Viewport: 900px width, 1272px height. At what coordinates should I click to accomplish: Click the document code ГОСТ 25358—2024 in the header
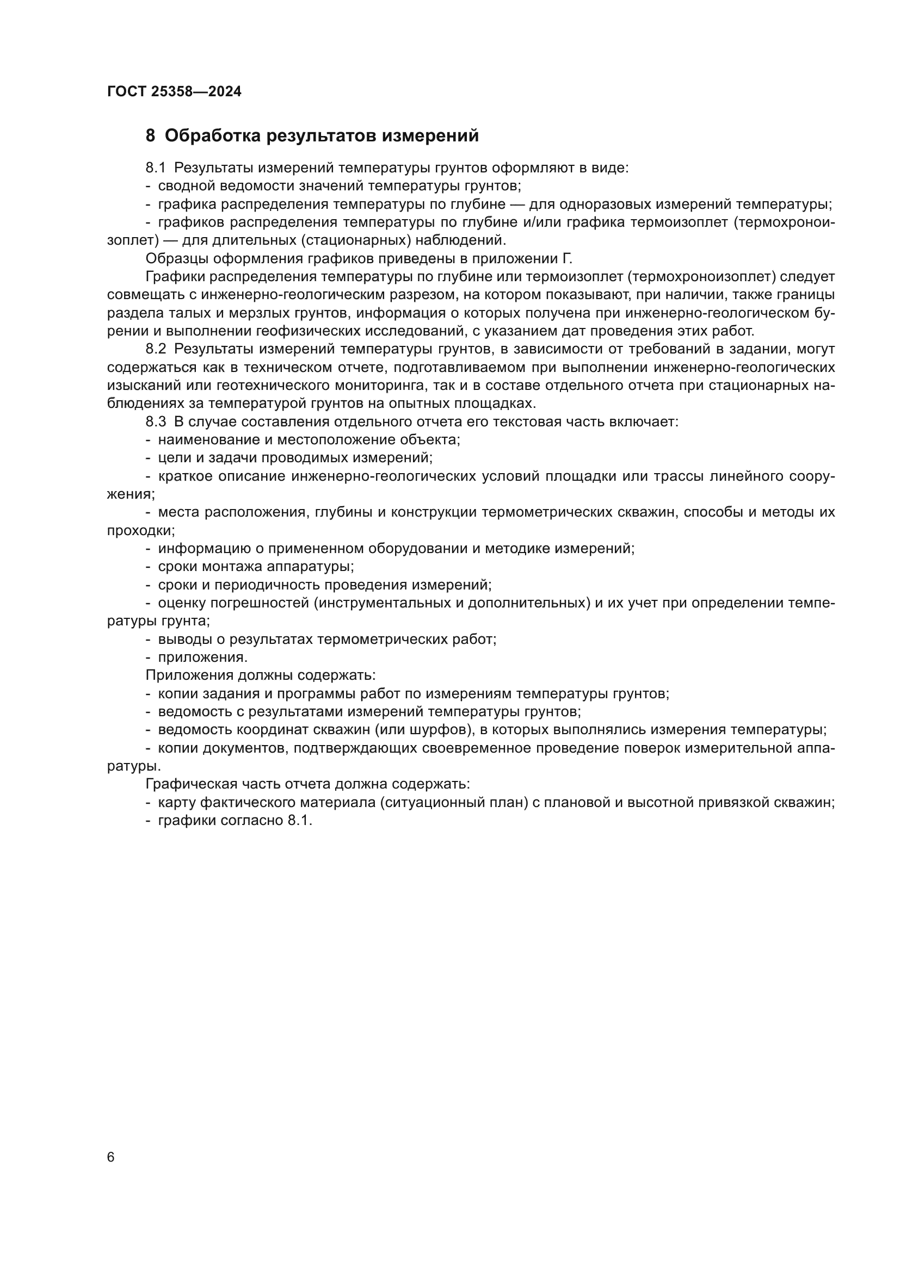click(x=174, y=91)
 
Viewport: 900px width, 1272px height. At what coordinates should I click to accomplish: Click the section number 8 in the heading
click(x=150, y=136)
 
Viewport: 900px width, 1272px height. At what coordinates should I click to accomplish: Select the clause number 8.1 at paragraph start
click(x=156, y=168)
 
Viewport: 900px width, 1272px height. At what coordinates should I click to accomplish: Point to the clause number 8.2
click(x=156, y=350)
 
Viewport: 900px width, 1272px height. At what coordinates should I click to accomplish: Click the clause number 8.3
click(x=156, y=422)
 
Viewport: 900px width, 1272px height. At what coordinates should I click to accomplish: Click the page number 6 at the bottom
click(x=111, y=1157)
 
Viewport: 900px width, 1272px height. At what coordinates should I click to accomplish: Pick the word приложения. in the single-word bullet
click(x=203, y=657)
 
